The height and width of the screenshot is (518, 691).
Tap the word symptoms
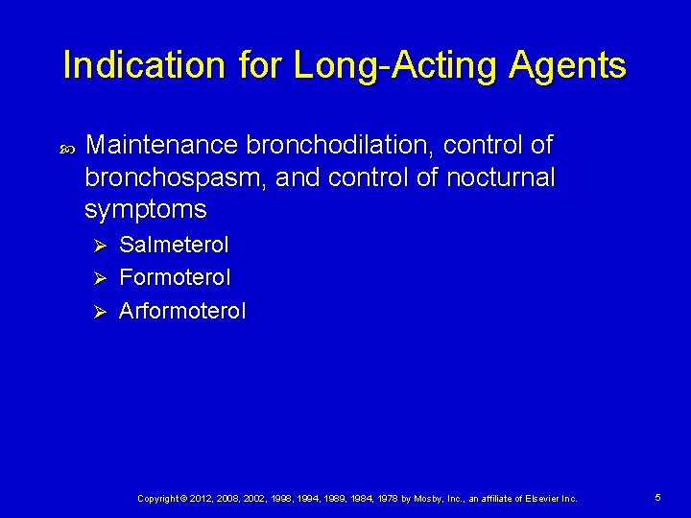(x=145, y=210)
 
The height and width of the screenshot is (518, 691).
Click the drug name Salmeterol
(x=174, y=245)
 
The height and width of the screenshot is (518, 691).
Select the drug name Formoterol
(x=175, y=278)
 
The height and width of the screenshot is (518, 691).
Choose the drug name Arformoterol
(x=182, y=311)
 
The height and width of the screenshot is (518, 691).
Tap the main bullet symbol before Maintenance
(x=65, y=148)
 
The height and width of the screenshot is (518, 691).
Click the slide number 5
(x=658, y=498)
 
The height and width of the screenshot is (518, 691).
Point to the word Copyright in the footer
(x=159, y=499)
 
